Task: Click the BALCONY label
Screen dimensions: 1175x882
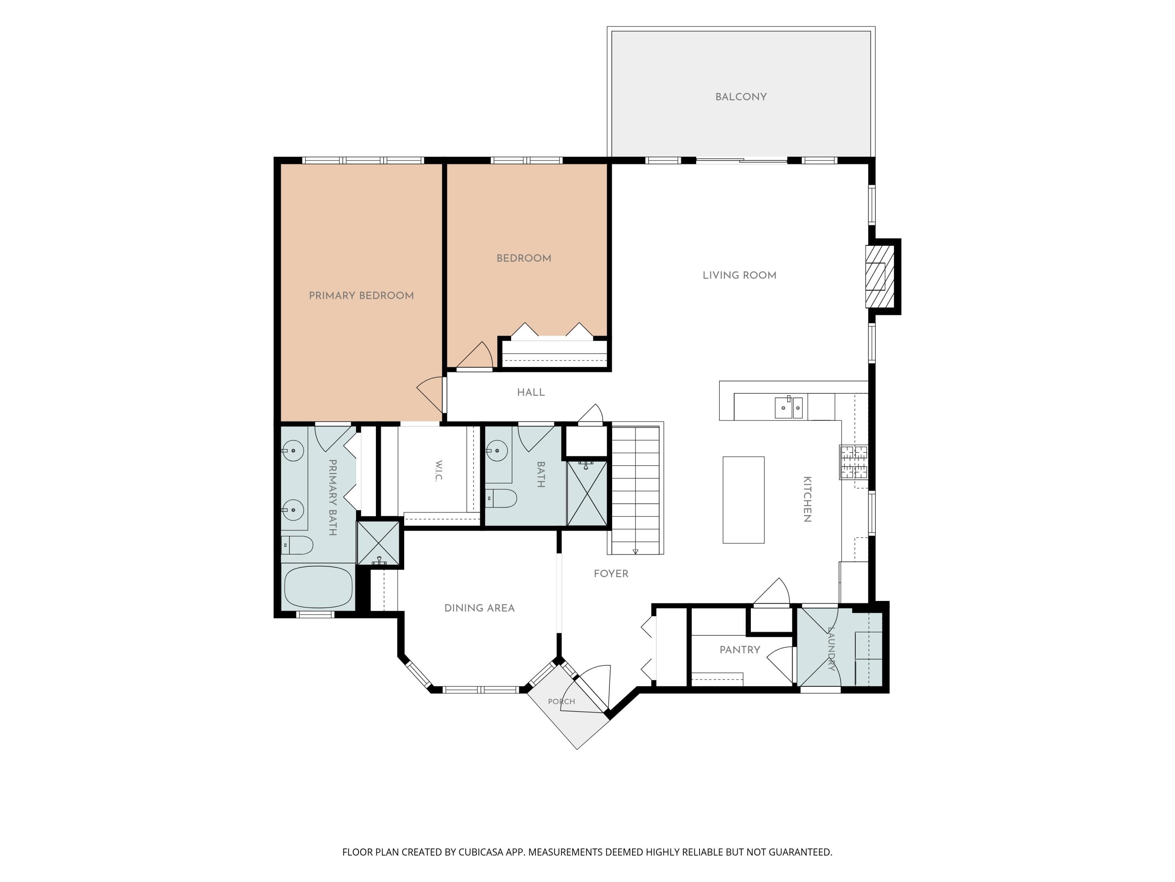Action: coord(741,97)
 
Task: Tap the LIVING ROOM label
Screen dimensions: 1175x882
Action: coord(739,276)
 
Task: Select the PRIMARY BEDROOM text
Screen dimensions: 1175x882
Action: coord(361,296)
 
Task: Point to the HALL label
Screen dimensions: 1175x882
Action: coord(531,392)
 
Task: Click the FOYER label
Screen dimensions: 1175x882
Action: coord(611,573)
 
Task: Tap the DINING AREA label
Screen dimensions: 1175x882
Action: coord(479,608)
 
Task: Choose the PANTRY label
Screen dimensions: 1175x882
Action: coord(739,650)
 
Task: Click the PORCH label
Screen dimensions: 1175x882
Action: coord(562,702)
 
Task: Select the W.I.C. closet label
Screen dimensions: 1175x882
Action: coord(439,471)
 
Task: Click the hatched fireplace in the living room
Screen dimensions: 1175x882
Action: coord(875,276)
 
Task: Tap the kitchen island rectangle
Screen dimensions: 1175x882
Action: coord(743,500)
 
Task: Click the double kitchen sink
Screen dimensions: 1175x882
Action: coord(788,408)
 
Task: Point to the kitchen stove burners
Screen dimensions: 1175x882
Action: coord(853,462)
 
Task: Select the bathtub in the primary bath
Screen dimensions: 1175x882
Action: coord(318,587)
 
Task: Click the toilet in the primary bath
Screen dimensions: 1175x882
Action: coord(297,545)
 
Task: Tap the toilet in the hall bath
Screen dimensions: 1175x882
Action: coord(501,498)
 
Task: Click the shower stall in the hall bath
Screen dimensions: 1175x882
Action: coord(587,494)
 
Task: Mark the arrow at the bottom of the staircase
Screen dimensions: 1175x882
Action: coord(635,551)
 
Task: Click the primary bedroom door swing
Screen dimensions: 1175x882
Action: coord(430,394)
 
